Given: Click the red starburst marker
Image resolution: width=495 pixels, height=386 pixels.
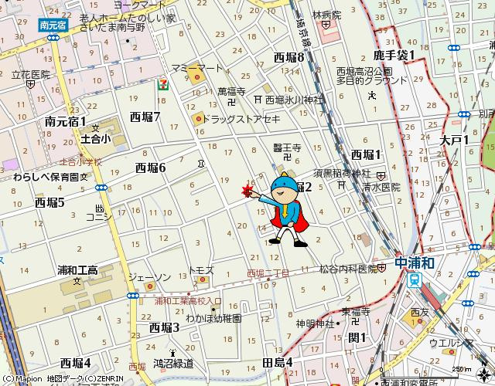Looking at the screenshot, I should click(247, 191).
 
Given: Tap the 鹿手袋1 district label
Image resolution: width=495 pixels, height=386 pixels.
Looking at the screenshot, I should click(394, 55).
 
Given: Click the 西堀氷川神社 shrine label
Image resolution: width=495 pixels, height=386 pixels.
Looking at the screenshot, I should click(294, 100).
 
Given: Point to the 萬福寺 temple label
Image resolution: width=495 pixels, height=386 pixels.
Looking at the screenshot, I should click(231, 91).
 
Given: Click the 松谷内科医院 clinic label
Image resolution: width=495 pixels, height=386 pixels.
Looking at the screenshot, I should click(347, 269).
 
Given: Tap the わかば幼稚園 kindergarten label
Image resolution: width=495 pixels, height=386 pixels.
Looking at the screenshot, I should click(213, 317).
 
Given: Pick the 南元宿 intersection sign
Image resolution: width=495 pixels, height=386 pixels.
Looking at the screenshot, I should click(53, 25).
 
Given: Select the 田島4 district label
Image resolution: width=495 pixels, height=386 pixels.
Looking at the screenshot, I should click(278, 362).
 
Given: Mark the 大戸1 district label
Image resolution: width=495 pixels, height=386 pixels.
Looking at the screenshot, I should click(455, 140).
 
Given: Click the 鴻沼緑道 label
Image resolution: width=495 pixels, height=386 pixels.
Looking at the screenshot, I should click(173, 362).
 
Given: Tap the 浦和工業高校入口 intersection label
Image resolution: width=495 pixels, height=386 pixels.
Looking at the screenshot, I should click(188, 301).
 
